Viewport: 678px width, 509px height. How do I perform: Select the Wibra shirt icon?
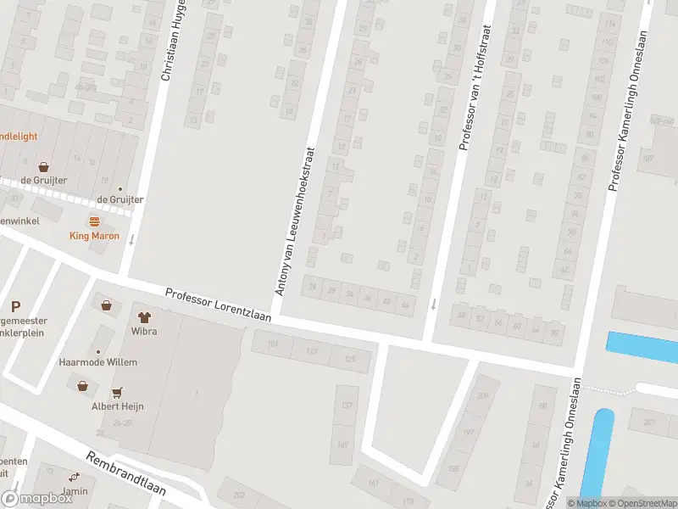(143, 317)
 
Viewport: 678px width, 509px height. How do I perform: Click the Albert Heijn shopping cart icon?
(116, 393)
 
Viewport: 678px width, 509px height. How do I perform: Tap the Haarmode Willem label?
(97, 362)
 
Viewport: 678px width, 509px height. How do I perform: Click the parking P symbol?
(15, 307)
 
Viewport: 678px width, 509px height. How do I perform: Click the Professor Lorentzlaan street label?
(218, 305)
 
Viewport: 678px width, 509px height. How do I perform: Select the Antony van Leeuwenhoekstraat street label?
(295, 220)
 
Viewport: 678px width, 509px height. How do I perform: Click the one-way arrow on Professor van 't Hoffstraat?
(434, 304)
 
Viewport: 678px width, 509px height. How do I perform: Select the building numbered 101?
(273, 344)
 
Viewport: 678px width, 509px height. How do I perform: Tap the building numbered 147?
(344, 445)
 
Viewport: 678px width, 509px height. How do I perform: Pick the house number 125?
(350, 359)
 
